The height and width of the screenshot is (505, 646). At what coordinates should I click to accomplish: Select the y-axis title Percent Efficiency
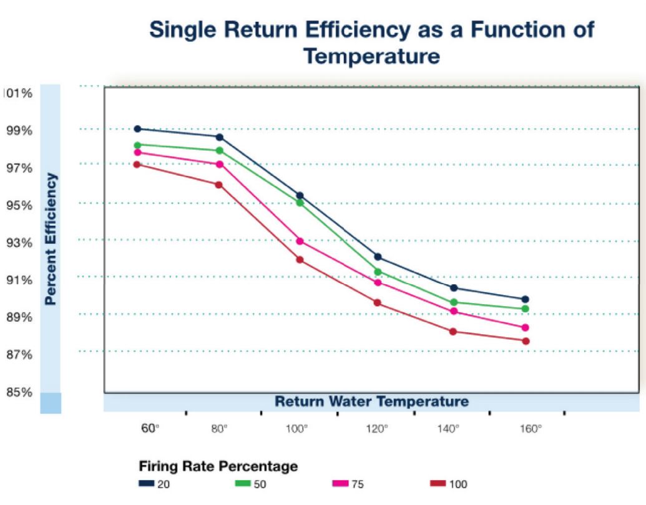(51, 239)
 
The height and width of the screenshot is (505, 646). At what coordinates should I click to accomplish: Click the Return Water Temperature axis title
(371, 401)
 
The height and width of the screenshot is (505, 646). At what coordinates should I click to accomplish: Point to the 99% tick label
(19, 131)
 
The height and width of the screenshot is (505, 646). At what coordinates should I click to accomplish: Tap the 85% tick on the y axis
(19, 393)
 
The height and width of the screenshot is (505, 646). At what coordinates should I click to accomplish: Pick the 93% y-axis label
(19, 243)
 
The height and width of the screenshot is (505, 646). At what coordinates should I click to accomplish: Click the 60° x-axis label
(147, 429)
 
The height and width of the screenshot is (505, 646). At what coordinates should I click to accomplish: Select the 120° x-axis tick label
(376, 429)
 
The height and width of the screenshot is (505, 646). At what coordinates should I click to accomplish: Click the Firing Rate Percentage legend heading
(218, 466)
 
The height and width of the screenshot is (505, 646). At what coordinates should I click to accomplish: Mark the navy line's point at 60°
(137, 129)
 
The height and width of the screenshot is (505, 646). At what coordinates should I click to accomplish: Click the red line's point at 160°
(526, 341)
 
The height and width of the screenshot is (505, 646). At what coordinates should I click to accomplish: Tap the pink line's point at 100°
(300, 241)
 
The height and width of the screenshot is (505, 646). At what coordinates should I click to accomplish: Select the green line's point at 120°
(378, 272)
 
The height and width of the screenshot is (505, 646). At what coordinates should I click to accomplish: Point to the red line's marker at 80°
(219, 185)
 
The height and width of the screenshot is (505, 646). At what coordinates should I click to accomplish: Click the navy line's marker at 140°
(454, 288)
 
